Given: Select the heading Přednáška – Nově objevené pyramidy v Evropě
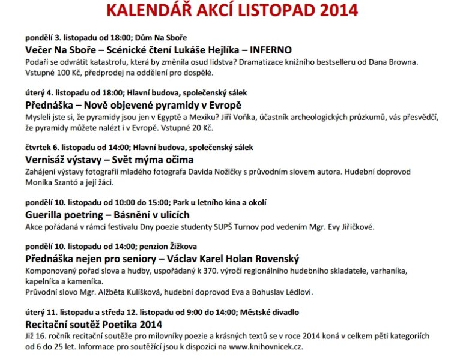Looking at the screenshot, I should coord(133,105).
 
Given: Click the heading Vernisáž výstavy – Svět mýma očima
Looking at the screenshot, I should coord(109,160).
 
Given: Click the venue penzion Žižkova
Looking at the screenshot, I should coord(175,247).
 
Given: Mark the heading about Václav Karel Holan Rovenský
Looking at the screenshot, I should coord(162,259).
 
